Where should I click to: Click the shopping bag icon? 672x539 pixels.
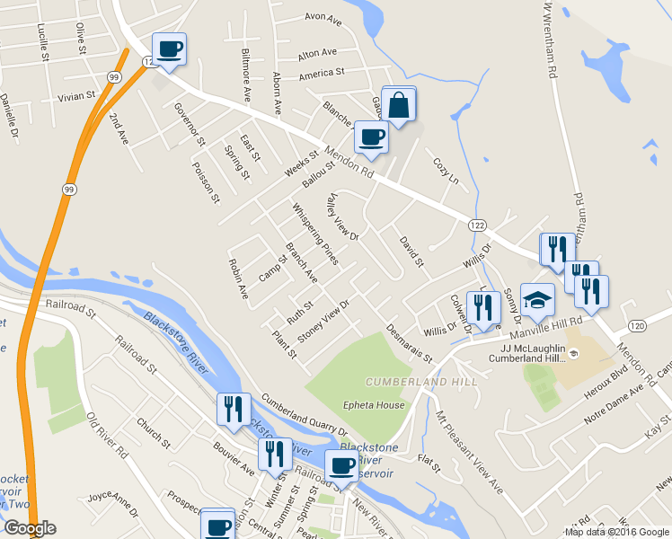click(x=399, y=104)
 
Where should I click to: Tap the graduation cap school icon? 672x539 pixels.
click(x=537, y=300)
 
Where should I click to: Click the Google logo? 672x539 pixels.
click(x=30, y=528)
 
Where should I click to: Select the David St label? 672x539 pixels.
click(x=411, y=252)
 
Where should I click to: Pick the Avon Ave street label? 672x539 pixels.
click(x=323, y=17)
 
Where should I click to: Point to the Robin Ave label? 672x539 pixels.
click(x=238, y=278)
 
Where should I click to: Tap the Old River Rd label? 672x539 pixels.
click(x=107, y=437)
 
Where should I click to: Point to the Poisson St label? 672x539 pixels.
click(x=206, y=180)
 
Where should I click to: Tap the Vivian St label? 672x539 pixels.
click(x=76, y=96)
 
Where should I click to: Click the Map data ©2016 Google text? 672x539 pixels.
click(x=617, y=532)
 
